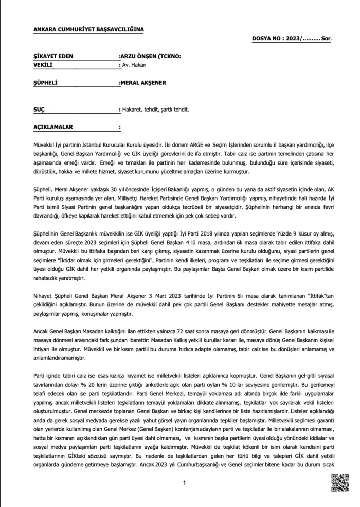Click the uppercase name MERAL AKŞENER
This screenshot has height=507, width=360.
(144, 82)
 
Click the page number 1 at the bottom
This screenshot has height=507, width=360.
(184, 483)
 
